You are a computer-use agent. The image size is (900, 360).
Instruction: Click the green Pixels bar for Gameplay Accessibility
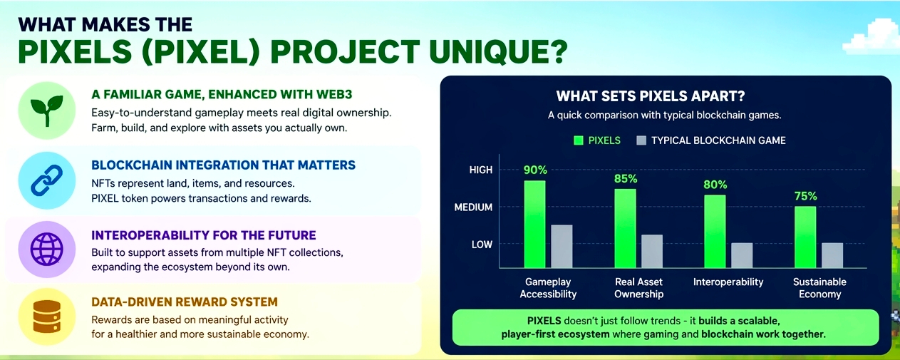click(534, 224)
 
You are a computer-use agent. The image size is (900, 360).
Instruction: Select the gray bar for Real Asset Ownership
click(652, 251)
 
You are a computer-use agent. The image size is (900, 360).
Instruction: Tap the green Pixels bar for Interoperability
click(715, 232)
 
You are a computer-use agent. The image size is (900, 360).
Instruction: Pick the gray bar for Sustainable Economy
click(832, 255)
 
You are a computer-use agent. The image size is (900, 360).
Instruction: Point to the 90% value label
click(535, 170)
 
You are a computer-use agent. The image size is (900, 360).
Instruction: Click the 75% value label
click(805, 196)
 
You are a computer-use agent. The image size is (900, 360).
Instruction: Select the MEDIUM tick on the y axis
click(473, 207)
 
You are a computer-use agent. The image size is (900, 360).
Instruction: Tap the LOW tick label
click(482, 245)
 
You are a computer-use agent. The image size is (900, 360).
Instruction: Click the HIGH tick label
click(480, 170)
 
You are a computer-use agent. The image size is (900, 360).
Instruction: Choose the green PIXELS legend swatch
click(579, 140)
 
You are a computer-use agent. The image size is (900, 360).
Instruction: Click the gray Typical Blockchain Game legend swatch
click(641, 140)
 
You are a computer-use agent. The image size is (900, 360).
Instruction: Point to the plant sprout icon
click(47, 110)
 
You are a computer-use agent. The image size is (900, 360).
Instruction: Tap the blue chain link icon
click(47, 180)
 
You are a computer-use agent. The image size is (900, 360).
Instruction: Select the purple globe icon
click(47, 249)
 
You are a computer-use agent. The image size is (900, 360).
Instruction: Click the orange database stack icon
click(47, 317)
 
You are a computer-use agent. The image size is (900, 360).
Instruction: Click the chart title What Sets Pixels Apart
click(651, 96)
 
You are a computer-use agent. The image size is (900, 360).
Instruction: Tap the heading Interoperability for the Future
click(204, 235)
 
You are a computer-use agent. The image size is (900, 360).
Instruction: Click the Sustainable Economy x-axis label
click(819, 288)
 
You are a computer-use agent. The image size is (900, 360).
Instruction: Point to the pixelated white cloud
click(872, 38)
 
